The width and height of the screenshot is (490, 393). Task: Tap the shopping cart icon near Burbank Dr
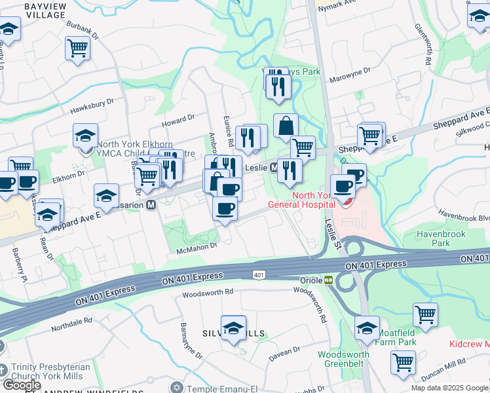77,47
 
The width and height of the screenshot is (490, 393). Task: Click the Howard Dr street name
178,121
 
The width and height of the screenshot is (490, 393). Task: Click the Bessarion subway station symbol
151,205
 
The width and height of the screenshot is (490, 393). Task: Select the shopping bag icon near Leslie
286,125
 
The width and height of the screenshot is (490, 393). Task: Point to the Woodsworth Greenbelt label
343,359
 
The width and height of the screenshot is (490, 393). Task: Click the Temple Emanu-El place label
214,386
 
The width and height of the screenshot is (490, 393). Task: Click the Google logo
21,385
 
